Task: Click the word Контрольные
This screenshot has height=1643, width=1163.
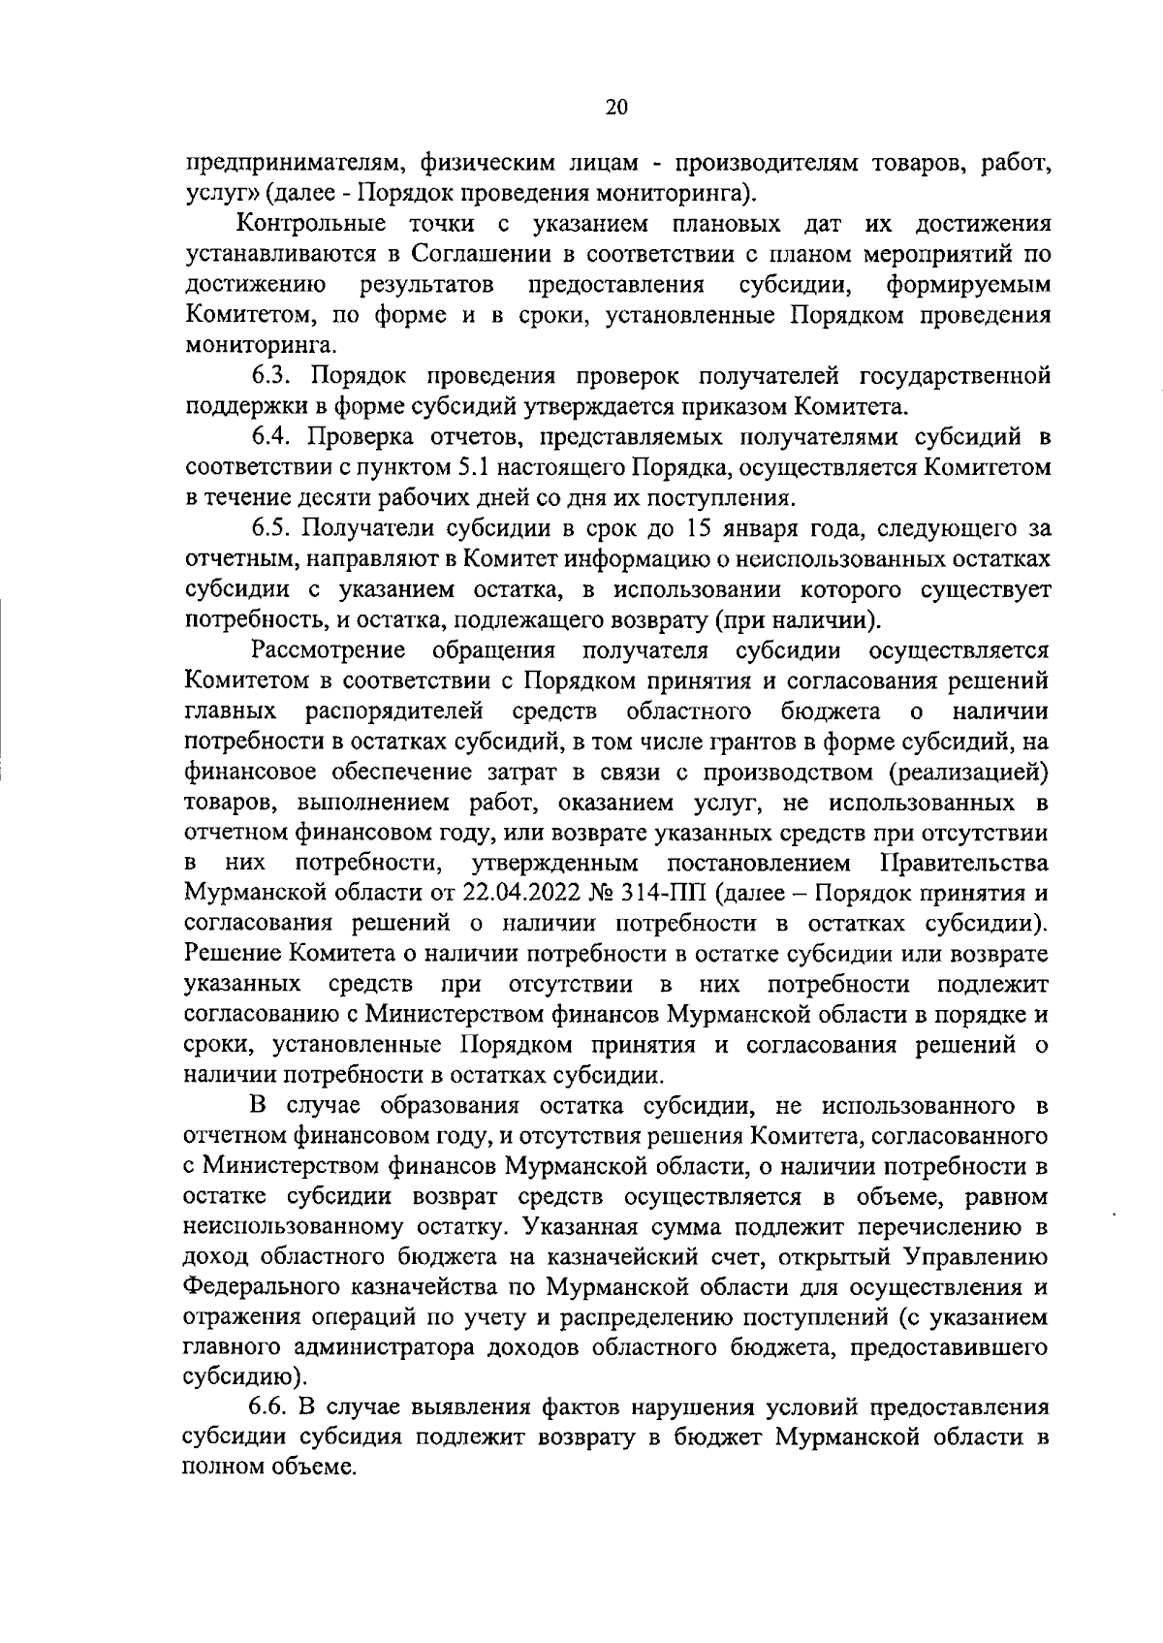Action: pyautogui.click(x=311, y=225)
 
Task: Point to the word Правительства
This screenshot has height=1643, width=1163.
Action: pyautogui.click(x=963, y=863)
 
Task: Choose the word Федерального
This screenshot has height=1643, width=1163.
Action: pyautogui.click(x=261, y=1287)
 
